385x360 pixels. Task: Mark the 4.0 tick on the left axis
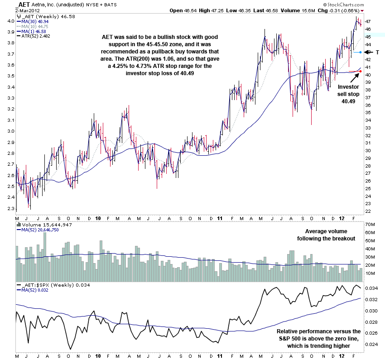[9, 21]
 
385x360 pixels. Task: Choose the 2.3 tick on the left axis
[9, 209]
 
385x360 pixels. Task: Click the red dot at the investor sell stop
[360, 71]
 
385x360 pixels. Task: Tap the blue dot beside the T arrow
[361, 53]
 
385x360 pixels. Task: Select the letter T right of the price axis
[377, 53]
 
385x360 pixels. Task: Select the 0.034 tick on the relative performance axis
[371, 288]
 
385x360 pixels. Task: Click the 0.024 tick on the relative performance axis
[371, 344]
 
